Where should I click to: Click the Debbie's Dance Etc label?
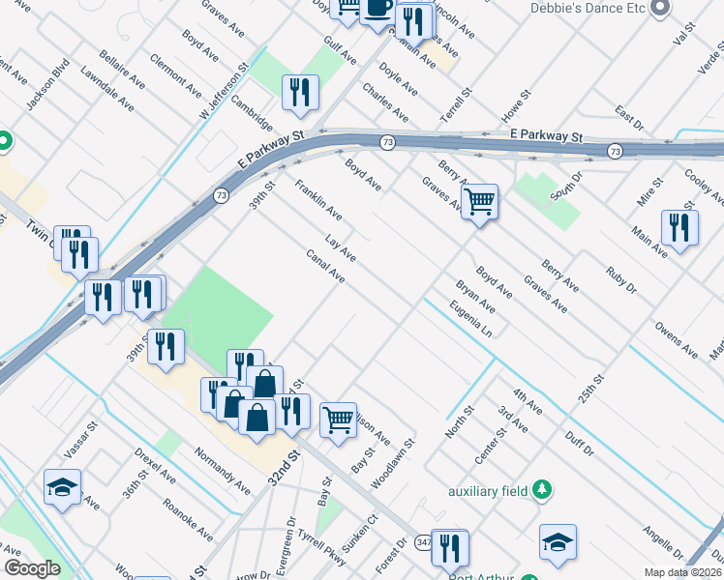coord(587,9)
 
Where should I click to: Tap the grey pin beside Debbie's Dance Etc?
coord(661,9)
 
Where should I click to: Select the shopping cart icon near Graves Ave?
coord(479,203)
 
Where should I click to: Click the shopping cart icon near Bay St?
coord(338,420)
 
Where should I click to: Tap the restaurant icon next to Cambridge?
coord(301,92)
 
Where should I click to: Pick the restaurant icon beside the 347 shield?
coord(450,547)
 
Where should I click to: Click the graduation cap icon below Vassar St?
coord(63,487)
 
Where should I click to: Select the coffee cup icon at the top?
coord(377,10)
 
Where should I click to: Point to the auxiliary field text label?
coord(488,491)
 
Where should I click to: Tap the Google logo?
coord(32,568)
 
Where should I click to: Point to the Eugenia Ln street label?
coord(471,320)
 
